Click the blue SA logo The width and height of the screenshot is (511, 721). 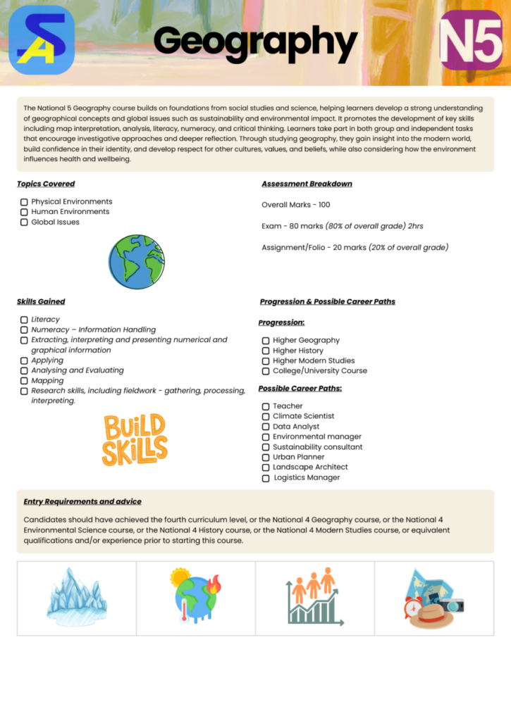(42, 40)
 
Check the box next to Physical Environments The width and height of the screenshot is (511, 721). (24, 202)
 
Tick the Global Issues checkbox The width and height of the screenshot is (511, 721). (24, 222)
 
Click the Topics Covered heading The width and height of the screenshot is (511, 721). (46, 184)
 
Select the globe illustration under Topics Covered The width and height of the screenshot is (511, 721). (137, 262)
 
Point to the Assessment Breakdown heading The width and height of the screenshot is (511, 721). (307, 184)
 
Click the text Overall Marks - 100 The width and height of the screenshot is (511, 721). (295, 205)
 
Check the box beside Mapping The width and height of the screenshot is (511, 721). (24, 381)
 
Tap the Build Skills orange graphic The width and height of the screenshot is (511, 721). (135, 440)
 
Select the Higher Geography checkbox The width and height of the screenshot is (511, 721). (266, 341)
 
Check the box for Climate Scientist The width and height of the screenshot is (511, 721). (266, 417)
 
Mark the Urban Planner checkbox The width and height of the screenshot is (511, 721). (266, 458)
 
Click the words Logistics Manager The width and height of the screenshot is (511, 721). (307, 477)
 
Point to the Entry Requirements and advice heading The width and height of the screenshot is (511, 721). (82, 501)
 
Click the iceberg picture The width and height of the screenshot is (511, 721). (77, 599)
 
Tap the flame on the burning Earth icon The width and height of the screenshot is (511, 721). (214, 584)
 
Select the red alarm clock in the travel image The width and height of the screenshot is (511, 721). (414, 607)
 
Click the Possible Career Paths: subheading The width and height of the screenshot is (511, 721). (300, 389)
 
